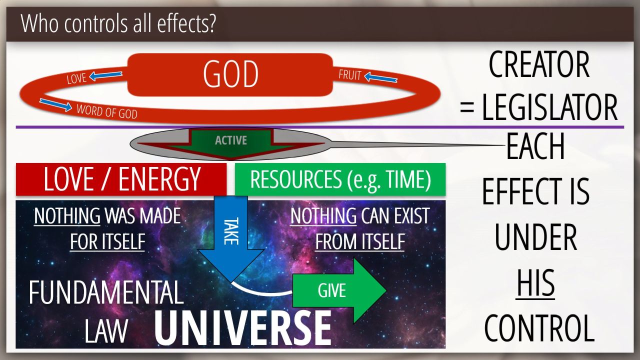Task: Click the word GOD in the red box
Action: tap(230, 74)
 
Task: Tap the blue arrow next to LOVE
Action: tap(105, 75)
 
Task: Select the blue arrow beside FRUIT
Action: tap(381, 77)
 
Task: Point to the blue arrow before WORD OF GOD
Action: tap(55, 104)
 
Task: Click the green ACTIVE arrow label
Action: tap(231, 140)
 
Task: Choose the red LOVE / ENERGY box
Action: tap(121, 179)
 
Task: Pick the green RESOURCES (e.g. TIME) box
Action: tap(340, 179)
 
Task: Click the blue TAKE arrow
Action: tap(231, 238)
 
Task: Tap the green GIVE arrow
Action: tap(339, 290)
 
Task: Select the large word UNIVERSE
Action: tap(243, 328)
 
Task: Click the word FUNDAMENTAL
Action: tap(106, 292)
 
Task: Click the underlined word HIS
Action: tap(535, 283)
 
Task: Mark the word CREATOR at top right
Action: tap(539, 64)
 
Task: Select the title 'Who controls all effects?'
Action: tap(118, 23)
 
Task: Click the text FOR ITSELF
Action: tap(107, 241)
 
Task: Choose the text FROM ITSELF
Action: tap(359, 241)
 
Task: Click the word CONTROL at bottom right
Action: tap(539, 328)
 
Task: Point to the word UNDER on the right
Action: tap(535, 237)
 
